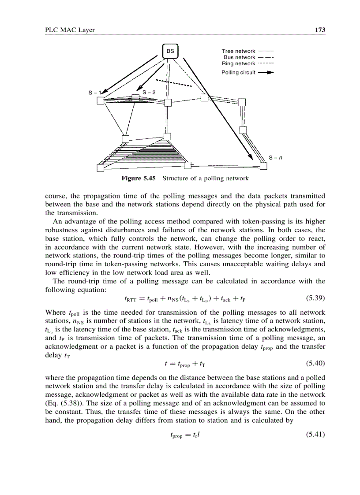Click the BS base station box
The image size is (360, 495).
pyautogui.click(x=170, y=51)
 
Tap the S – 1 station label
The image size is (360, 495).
pyautogui.click(x=94, y=93)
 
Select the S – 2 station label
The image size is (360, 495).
pyautogui.click(x=149, y=93)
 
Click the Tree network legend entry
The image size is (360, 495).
pyautogui.click(x=238, y=52)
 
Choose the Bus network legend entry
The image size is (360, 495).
pyautogui.click(x=239, y=58)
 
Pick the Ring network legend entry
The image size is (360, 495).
pyautogui.click(x=238, y=64)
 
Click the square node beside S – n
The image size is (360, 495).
pyautogui.click(x=264, y=166)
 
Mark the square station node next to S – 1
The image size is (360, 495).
pyautogui.click(x=100, y=101)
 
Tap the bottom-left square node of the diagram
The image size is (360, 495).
pyautogui.click(x=100, y=167)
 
